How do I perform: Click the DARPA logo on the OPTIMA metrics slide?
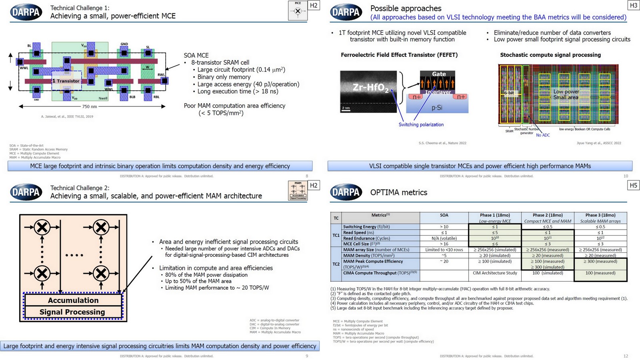[x=346, y=192]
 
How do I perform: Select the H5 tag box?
[x=633, y=185]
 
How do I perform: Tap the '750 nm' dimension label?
[x=90, y=106]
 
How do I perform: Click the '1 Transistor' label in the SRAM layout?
[x=66, y=81]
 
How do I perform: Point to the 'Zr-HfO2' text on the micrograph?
[x=370, y=87]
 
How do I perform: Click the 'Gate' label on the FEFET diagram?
[x=439, y=74]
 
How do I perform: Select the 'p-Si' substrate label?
[x=437, y=108]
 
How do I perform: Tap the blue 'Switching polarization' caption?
[x=421, y=124]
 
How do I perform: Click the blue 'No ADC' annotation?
[x=543, y=135]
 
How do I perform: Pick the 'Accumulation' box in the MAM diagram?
[x=73, y=300]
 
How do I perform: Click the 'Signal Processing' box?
[x=72, y=312]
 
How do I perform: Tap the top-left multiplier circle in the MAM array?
[x=42, y=227]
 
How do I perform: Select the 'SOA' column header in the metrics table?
[x=444, y=215]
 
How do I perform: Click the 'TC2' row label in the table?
[x=336, y=264]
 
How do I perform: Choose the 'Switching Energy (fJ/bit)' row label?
[x=366, y=227]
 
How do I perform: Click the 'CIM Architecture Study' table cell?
[x=495, y=273]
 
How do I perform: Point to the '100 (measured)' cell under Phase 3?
[x=600, y=273]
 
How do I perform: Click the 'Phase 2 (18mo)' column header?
[x=548, y=215]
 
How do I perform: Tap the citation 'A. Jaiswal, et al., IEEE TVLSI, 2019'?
[x=67, y=116]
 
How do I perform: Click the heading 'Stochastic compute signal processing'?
[x=550, y=55]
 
